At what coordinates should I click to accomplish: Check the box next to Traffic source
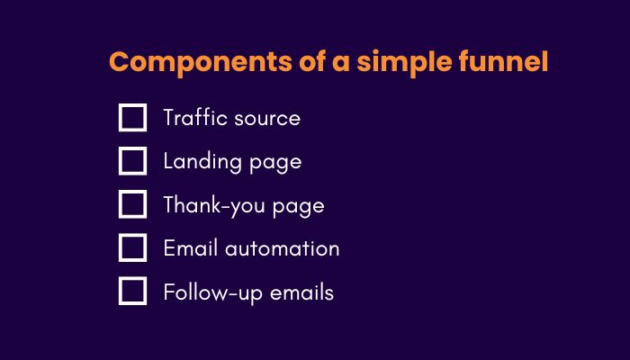coord(132,118)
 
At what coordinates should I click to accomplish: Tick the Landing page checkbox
coord(132,161)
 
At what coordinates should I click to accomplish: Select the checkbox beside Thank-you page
coord(132,204)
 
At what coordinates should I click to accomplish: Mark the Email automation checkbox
coord(132,247)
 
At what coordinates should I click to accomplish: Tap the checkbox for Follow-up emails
coord(132,291)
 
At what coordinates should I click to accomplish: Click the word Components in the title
coord(201,63)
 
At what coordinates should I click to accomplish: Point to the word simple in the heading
coord(404,63)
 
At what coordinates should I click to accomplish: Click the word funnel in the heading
coord(503,61)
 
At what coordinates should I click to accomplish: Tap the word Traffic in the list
coord(195,117)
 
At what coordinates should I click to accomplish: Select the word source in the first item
coord(267,120)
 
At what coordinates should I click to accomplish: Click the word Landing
coord(202,161)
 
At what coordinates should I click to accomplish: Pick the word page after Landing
coord(275,164)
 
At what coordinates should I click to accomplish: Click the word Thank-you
coord(214,206)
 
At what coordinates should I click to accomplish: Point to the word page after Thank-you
coord(298,207)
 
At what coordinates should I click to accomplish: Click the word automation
coord(282,248)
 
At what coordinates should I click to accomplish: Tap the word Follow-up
coord(213,292)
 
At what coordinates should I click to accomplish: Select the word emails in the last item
coord(301,292)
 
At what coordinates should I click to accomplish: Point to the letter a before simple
coord(341,64)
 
